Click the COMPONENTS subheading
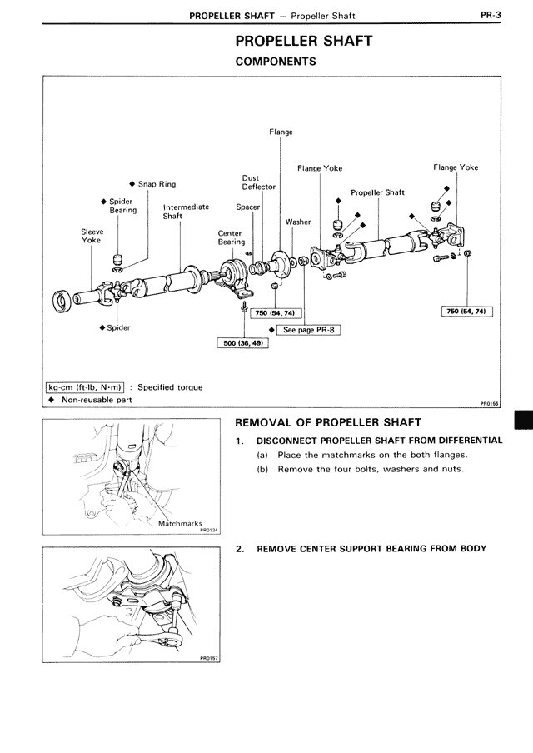point(276,62)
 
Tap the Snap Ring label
point(157,184)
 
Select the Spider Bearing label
point(122,206)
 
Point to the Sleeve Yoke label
point(91,236)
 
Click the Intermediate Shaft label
point(186,212)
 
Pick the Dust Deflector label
point(258,182)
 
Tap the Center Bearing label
point(232,237)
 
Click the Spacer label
point(248,207)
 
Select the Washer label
point(298,222)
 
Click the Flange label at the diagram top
point(281,132)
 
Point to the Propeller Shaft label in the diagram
point(377,192)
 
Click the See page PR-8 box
point(309,329)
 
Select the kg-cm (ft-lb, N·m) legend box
point(85,386)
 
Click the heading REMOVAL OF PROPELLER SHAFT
point(328,422)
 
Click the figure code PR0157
point(207,657)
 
